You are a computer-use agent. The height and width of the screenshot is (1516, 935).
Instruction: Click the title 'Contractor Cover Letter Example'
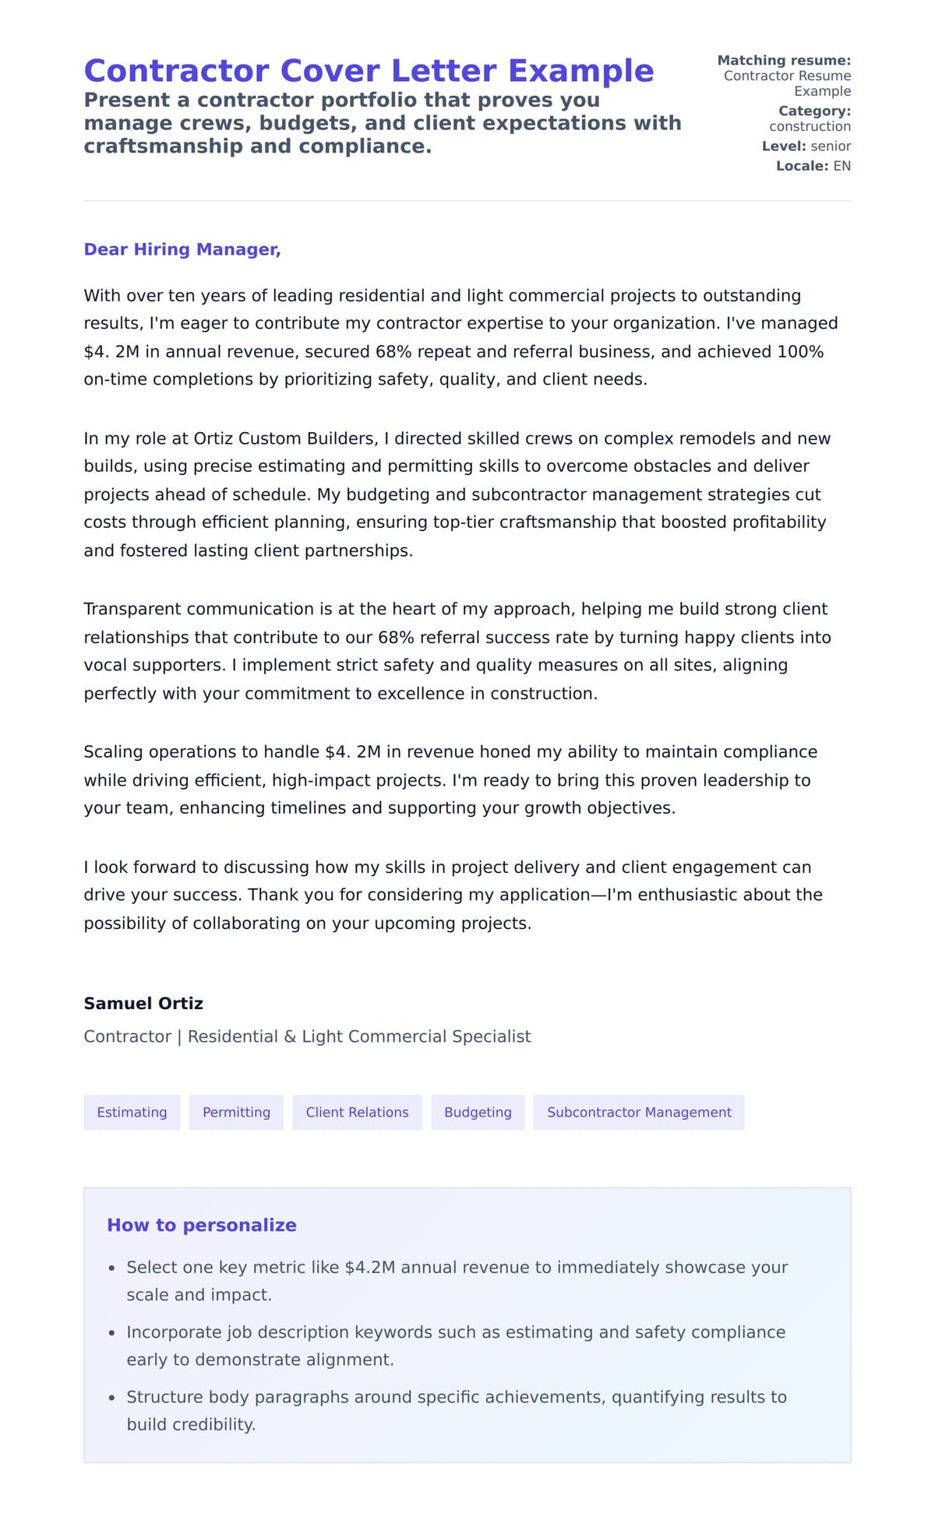369,71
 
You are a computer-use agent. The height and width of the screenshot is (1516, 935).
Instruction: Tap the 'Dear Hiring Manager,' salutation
182,249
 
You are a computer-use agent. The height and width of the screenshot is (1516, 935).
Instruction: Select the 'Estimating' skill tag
132,1112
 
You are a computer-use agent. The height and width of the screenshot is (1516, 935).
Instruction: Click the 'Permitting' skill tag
236,1112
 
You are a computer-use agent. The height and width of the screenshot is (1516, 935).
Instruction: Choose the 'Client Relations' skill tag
357,1112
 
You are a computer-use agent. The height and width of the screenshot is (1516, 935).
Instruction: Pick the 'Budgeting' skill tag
478,1112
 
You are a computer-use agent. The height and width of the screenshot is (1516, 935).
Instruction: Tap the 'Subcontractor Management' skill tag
639,1112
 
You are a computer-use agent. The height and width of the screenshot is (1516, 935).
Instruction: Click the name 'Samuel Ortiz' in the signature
143,1003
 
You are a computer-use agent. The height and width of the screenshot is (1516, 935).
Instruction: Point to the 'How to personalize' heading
202,1225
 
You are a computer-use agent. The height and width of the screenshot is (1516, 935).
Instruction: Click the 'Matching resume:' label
784,60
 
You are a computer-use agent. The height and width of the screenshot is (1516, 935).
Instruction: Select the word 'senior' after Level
831,146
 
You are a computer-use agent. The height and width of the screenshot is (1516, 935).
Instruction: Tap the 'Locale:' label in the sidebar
802,166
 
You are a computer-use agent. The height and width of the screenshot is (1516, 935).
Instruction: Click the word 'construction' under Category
810,126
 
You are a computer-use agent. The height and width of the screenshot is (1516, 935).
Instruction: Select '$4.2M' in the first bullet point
370,1267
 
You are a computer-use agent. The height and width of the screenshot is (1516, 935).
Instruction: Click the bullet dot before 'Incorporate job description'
112,1333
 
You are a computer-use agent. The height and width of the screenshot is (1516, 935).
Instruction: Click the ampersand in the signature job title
290,1036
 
